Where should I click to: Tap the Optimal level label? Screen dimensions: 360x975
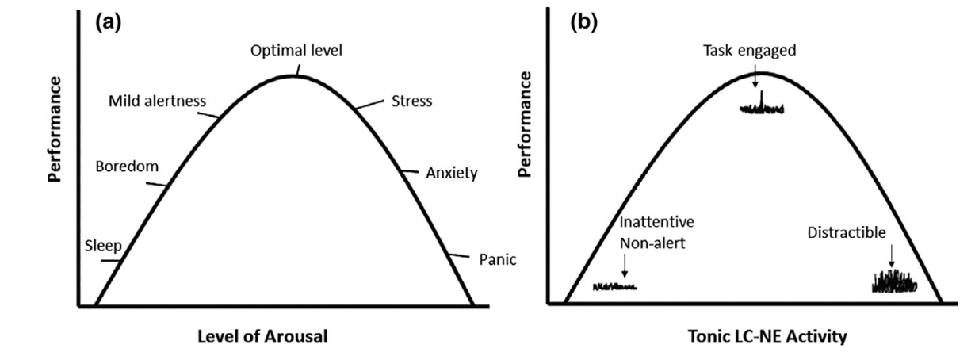pyautogui.click(x=296, y=51)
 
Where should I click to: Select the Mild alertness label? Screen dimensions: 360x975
pyautogui.click(x=158, y=101)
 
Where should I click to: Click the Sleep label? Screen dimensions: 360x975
pyautogui.click(x=102, y=245)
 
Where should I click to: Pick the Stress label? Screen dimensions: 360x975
pyautogui.click(x=411, y=101)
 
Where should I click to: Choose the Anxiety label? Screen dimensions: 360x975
pyautogui.click(x=449, y=172)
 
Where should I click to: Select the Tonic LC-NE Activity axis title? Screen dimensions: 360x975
pyautogui.click(x=755, y=336)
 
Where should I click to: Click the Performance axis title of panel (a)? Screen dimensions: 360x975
pyautogui.click(x=55, y=129)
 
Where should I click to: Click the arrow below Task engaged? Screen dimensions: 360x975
pyautogui.click(x=755, y=77)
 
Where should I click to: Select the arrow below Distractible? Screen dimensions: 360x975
pyautogui.click(x=891, y=253)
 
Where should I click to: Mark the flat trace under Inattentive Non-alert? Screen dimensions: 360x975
pyautogui.click(x=615, y=285)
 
